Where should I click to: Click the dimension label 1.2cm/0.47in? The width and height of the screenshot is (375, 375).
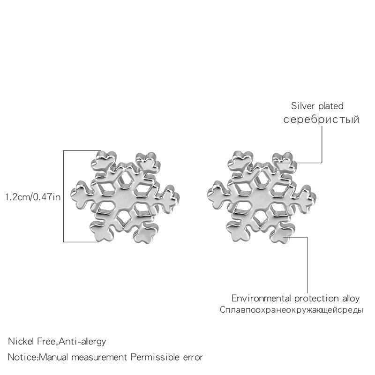click(x=33, y=197)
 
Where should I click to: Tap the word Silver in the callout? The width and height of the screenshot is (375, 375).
click(x=303, y=106)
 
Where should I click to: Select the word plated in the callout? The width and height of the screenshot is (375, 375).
click(x=331, y=106)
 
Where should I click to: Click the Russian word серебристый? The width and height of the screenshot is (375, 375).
click(x=321, y=120)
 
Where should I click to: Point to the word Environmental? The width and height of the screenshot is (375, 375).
click(x=262, y=298)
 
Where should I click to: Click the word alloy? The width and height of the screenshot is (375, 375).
click(x=350, y=299)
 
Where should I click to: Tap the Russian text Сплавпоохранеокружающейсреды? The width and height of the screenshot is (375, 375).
click(x=292, y=310)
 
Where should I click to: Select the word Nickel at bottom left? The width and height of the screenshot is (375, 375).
click(x=21, y=341)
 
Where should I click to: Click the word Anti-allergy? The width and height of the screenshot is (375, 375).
click(x=82, y=342)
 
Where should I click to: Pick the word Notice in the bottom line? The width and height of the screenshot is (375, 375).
click(x=22, y=357)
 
